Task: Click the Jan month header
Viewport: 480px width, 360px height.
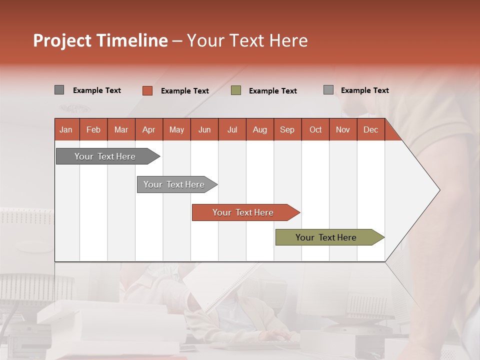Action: point(66,129)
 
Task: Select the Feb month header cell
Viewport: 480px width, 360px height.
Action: point(93,129)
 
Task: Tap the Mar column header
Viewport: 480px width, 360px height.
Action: point(121,129)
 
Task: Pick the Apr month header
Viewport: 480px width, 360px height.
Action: point(149,129)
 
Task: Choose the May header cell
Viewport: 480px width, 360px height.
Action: point(176,129)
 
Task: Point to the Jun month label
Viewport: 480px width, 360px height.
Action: point(204,129)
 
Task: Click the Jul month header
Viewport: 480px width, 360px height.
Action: point(232,129)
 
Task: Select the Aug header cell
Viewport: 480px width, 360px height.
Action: point(260,129)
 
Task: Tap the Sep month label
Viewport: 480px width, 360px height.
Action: point(287,129)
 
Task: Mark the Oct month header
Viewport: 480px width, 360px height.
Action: point(315,129)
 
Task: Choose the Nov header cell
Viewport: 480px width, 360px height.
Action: point(343,129)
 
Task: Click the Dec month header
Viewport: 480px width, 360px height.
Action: point(371,129)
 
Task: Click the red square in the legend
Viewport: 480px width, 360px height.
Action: point(147,90)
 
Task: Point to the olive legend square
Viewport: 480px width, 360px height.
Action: point(236,90)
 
